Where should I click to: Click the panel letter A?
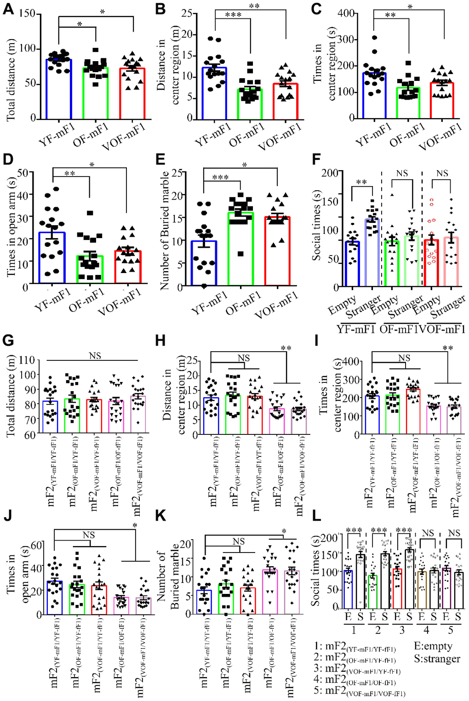[x=8, y=9]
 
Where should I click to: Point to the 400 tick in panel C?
[x=346, y=13]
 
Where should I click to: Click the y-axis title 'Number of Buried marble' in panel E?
[x=165, y=230]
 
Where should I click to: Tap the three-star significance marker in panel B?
[x=233, y=15]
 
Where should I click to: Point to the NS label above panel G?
[x=95, y=356]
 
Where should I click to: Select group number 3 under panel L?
[x=402, y=629]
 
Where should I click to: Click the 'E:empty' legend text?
[x=433, y=646]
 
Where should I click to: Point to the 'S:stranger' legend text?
[x=437, y=659]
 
